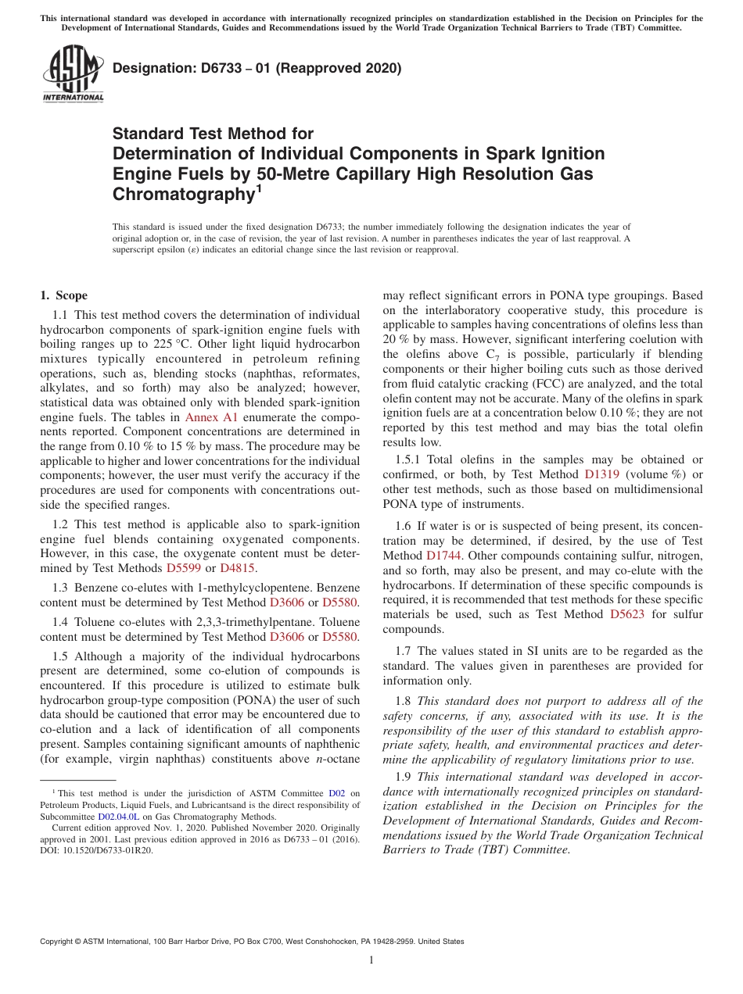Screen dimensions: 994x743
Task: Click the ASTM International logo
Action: coord(73,73)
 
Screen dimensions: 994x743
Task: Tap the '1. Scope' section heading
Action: coord(63,295)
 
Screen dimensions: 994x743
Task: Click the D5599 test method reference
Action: coord(184,568)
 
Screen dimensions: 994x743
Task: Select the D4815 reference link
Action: coord(238,568)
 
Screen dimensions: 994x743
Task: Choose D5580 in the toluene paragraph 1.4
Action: coord(341,637)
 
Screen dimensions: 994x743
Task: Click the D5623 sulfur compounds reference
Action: coord(626,614)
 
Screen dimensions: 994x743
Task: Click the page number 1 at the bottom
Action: coord(371,960)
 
